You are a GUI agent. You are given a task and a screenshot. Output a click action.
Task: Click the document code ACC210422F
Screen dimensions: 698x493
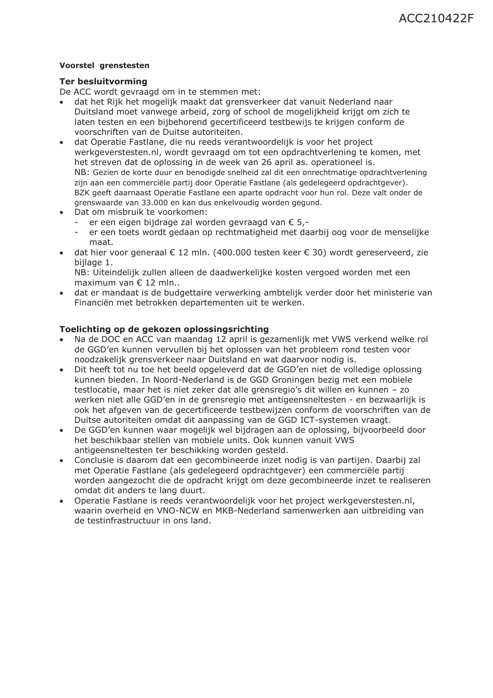tap(436, 19)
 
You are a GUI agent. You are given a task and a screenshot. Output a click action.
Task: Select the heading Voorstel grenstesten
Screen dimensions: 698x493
tap(104, 66)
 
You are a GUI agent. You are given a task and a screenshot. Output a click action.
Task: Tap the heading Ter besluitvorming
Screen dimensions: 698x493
tap(103, 82)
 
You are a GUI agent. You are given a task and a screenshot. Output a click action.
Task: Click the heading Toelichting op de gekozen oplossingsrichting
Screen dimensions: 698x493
tap(164, 329)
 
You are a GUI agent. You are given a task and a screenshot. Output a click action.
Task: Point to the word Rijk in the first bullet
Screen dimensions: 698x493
tap(115, 102)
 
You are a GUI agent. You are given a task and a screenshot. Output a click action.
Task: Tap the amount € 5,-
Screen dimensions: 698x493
tap(296, 222)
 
